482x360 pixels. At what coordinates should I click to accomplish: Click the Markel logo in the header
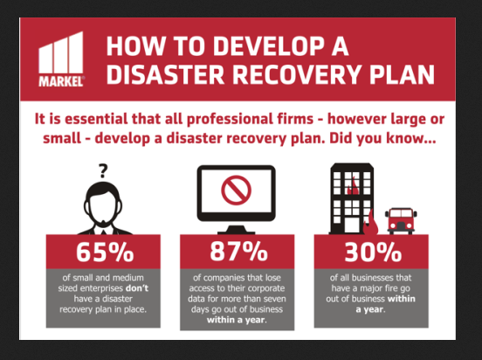[61, 59]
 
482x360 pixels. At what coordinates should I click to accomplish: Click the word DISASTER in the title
[165, 75]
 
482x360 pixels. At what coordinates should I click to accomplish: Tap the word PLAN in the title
[402, 75]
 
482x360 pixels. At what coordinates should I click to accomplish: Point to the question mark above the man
[103, 171]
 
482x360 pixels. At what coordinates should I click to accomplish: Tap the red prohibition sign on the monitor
[236, 190]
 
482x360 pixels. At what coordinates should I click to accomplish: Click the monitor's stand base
[236, 230]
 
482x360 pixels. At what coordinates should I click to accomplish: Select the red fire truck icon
[401, 220]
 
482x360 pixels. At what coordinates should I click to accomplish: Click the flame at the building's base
[370, 223]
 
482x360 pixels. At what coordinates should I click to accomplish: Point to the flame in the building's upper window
[353, 185]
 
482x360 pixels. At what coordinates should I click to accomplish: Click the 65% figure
[105, 252]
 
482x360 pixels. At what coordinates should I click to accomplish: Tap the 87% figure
[239, 252]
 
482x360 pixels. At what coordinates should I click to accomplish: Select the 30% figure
[373, 252]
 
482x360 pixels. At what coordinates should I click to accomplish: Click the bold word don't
[137, 288]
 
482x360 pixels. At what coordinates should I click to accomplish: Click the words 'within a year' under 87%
[237, 320]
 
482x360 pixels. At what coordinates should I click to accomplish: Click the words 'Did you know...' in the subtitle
[382, 138]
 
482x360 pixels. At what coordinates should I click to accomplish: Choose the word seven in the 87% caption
[274, 299]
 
